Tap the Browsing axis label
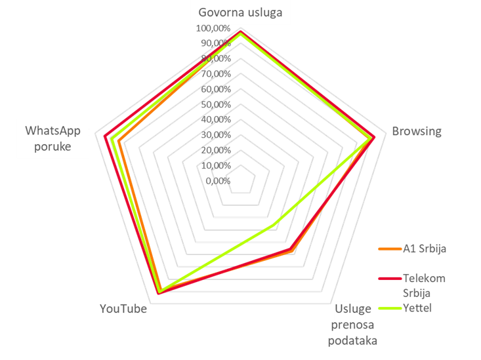click(416, 131)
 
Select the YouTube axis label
click(123, 309)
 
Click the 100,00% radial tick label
click(213, 28)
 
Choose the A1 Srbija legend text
click(425, 249)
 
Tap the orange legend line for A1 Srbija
click(390, 249)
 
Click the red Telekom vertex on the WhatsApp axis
click(105, 136)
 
